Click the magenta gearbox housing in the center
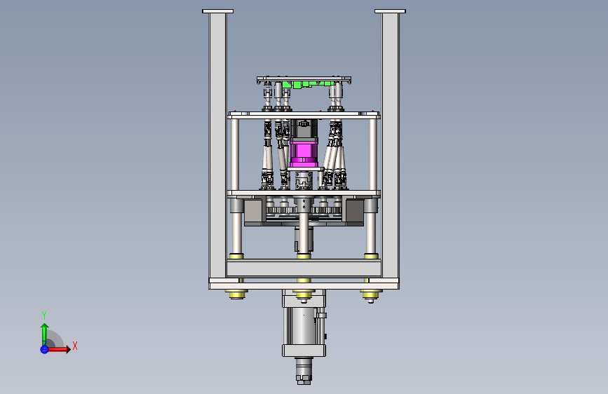click(304, 152)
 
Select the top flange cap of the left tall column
click(217, 11)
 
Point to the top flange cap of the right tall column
click(390, 11)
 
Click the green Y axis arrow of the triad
click(44, 334)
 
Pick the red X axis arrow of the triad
click(58, 349)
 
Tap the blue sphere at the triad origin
click(44, 349)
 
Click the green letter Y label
click(44, 315)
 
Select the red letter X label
click(75, 346)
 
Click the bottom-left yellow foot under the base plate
click(236, 294)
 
